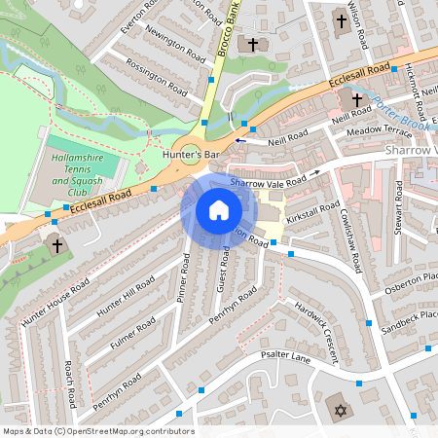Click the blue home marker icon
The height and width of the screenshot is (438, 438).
[x=218, y=209]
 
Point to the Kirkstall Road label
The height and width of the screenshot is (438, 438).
[x=312, y=215]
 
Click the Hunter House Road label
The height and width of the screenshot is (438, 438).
[x=55, y=301]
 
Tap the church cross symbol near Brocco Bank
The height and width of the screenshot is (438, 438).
[x=254, y=45]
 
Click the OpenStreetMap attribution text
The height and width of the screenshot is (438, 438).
[x=98, y=431]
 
